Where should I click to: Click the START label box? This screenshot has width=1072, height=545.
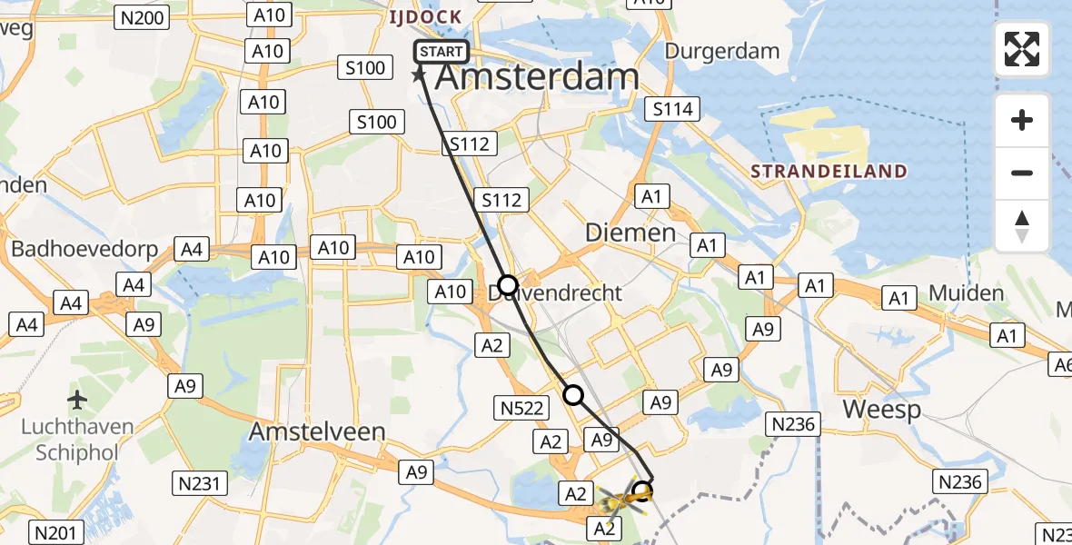442,52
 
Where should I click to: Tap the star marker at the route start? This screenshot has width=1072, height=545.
420,74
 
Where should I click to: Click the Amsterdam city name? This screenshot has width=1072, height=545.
537,77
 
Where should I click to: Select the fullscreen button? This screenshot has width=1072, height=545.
1022,49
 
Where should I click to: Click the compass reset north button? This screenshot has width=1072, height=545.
1022,226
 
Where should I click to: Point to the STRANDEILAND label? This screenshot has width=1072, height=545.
829,172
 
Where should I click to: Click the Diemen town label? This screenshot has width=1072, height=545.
630,233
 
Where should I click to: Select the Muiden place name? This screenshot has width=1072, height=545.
967,293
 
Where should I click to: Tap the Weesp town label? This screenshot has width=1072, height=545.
881,409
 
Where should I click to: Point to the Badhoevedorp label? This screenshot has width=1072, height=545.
84,249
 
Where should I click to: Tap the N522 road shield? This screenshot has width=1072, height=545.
521,409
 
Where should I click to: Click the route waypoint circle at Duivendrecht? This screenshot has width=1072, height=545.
507,284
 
